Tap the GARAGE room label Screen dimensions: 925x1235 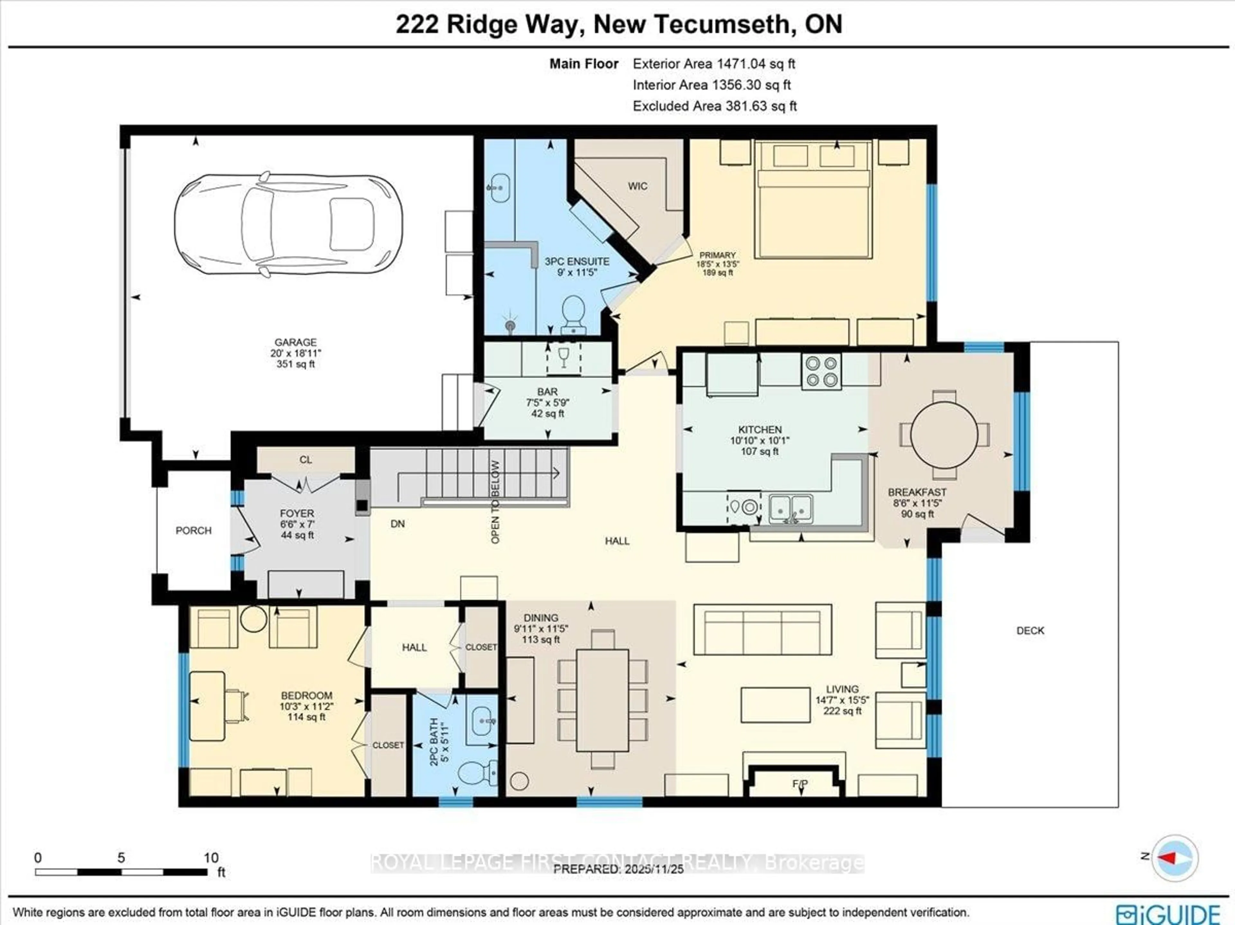tap(295, 342)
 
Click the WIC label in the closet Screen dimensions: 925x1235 tap(637, 186)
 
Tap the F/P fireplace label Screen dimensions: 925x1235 tap(800, 784)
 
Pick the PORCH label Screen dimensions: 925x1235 tap(194, 530)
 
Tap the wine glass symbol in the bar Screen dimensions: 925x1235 tap(563, 357)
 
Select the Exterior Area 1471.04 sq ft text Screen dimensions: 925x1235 tap(714, 64)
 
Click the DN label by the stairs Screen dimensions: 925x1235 tap(398, 524)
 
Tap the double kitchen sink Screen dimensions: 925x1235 tap(791, 508)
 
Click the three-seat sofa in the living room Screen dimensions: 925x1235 tap(762, 630)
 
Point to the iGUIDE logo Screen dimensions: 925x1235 tap(1168, 913)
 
